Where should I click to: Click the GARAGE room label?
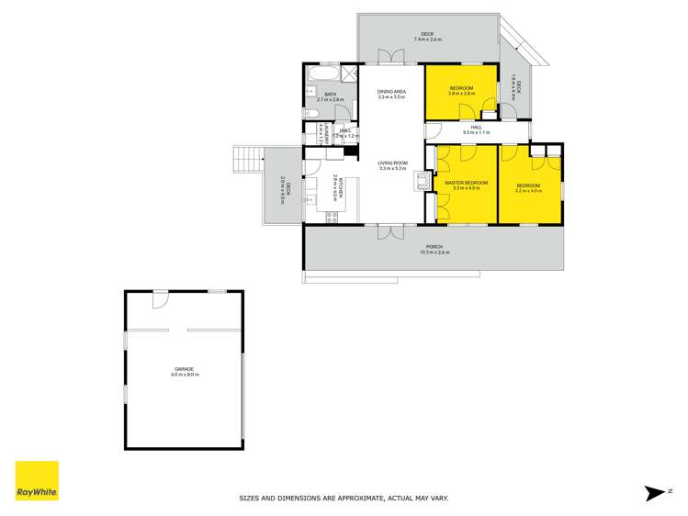(185, 369)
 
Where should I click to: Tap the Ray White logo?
(37, 480)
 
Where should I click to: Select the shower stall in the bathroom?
(349, 73)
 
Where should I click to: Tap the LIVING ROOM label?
(392, 163)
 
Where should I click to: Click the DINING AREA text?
(392, 92)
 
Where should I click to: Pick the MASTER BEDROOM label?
(466, 183)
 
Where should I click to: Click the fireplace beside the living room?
(424, 180)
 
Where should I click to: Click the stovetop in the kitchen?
(331, 217)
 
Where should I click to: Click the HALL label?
(477, 129)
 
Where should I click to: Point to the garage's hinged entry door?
(160, 298)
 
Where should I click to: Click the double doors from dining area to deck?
(391, 56)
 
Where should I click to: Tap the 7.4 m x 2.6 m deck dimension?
(428, 39)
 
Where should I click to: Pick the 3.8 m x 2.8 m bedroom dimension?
(461, 94)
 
